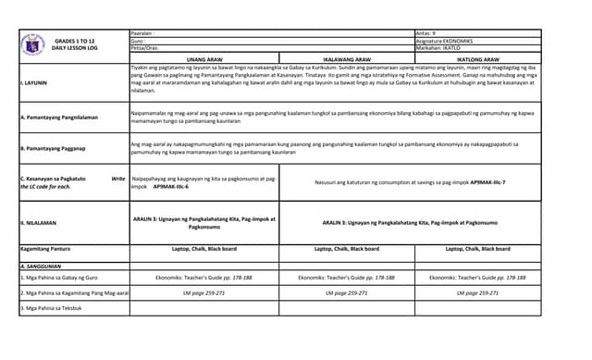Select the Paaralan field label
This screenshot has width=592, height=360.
point(142,32)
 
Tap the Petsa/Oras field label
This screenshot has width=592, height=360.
point(145,48)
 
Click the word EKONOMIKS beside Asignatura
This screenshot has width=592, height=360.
point(460,41)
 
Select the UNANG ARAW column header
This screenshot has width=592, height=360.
point(204,58)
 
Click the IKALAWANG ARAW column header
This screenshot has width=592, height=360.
point(347,58)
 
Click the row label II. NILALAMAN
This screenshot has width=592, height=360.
point(39,222)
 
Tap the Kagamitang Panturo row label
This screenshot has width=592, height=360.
point(45,249)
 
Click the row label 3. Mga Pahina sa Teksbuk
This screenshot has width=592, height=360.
point(51,307)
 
